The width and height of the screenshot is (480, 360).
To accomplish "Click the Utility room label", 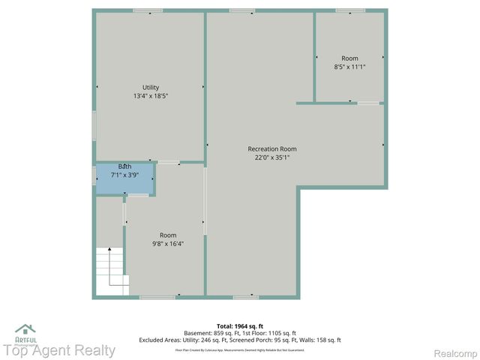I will point(151,88).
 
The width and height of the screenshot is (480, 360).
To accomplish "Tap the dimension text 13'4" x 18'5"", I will point(151,96).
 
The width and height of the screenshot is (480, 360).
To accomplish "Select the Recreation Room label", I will point(272,148).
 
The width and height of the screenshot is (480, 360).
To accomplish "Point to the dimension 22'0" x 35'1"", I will point(272,157).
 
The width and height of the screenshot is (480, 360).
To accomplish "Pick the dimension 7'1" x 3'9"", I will point(125,175).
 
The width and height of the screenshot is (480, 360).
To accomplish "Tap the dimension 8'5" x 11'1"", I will point(349,67).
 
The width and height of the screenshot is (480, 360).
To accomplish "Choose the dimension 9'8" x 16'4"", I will point(168,243).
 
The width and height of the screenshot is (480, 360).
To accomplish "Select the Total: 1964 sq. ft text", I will point(240,325).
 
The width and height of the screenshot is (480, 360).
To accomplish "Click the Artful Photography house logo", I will point(25,328).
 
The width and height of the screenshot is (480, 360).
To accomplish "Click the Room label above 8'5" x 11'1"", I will point(349,58).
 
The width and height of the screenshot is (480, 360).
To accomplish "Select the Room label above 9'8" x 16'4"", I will point(168,235).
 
